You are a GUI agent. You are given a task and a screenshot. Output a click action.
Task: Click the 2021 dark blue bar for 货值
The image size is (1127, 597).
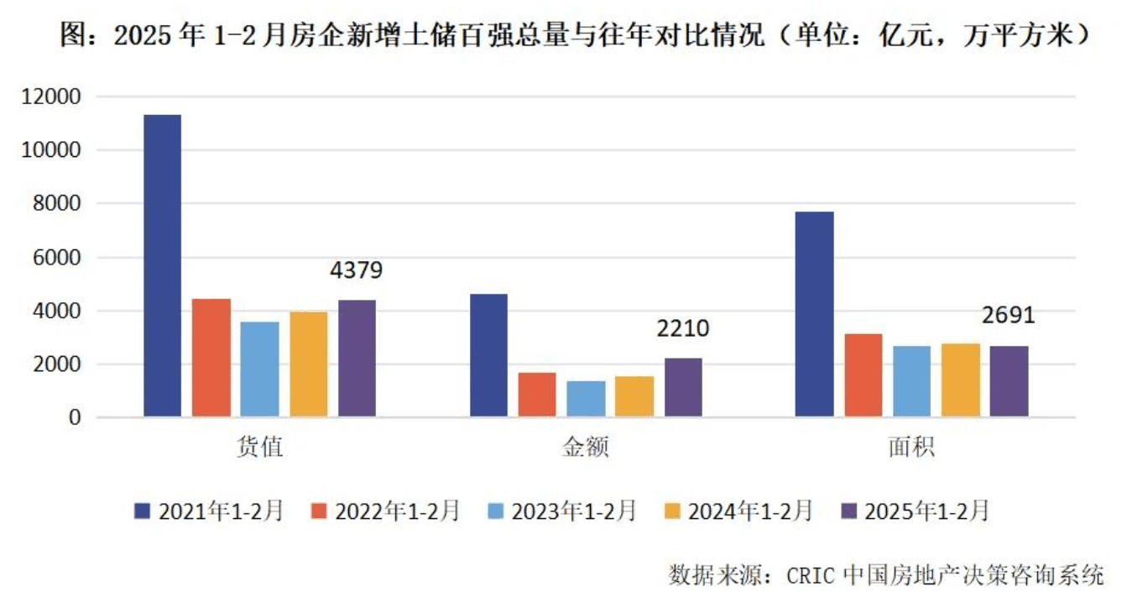162,265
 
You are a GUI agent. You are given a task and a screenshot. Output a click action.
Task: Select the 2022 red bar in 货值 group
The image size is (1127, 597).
211,358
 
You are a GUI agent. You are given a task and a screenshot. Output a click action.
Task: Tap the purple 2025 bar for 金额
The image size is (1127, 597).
683,387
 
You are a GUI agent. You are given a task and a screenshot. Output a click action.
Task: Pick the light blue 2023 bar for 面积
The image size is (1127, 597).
911,381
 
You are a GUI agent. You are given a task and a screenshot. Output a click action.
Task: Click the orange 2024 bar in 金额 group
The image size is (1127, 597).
634,396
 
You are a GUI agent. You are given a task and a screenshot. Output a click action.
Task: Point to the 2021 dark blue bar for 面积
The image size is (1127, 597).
814,314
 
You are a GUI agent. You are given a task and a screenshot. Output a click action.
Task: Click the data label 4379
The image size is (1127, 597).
356,271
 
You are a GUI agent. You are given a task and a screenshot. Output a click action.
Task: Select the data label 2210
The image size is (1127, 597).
682,328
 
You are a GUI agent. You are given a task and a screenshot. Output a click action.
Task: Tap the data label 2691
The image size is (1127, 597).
1008,316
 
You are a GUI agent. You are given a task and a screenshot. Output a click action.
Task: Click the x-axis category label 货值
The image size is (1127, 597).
259,448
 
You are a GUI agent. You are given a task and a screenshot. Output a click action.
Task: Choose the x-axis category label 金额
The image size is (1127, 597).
585,448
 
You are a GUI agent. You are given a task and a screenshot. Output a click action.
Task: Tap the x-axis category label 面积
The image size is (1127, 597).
911,448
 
